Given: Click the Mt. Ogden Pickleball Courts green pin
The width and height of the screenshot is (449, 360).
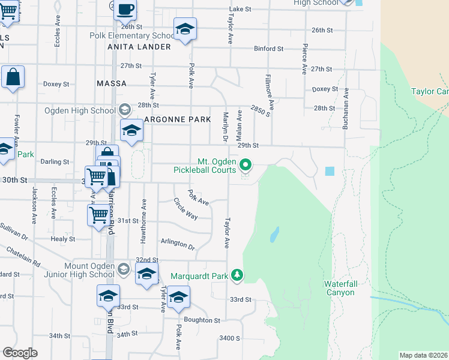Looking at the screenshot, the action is (246, 164).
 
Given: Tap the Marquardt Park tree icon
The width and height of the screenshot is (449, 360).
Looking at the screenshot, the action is (238, 275).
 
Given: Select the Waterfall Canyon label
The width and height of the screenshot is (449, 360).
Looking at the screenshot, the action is (339, 288).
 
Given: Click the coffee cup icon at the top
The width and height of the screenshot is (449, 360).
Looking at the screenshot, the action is (125, 10).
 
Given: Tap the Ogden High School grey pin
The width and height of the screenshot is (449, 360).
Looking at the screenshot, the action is (124, 110).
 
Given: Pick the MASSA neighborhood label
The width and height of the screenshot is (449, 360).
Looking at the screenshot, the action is (112, 83).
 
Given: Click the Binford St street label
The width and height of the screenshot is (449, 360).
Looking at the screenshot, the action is (268, 49).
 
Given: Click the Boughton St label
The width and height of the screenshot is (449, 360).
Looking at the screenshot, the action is (202, 320).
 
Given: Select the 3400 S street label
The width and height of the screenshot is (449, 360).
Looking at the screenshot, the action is (229, 338).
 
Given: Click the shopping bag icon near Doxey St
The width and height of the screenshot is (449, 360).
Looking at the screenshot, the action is (12, 77).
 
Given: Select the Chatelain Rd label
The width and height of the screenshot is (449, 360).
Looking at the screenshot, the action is (23, 256).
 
